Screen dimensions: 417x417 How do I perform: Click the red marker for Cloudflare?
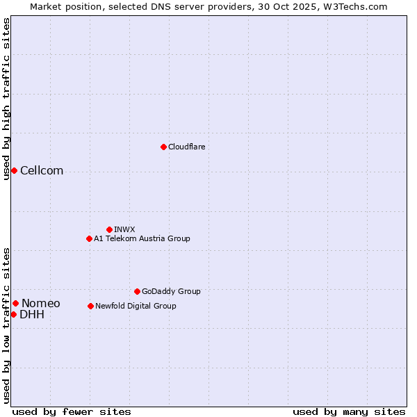(x=163, y=147)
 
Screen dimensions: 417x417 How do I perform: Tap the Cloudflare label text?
(x=186, y=147)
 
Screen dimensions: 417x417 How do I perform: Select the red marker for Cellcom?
(x=14, y=171)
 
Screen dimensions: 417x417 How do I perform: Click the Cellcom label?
(x=42, y=171)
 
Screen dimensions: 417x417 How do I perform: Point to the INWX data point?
(x=109, y=229)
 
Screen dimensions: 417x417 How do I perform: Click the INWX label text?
(x=124, y=229)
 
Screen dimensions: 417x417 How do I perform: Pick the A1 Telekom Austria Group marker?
(x=89, y=238)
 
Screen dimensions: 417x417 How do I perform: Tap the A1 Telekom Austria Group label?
(x=142, y=238)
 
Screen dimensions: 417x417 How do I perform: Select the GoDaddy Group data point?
(x=137, y=291)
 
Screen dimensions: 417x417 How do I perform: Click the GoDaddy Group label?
(x=170, y=291)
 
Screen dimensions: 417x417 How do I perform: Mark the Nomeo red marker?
(x=15, y=303)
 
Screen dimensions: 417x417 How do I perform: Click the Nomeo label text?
(x=40, y=303)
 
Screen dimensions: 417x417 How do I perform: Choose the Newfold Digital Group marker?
(x=90, y=306)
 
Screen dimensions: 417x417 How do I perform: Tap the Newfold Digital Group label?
(x=136, y=306)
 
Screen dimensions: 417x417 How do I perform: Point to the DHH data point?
(x=13, y=314)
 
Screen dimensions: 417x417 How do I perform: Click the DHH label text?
(x=32, y=314)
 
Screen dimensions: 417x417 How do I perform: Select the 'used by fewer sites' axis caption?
(x=72, y=411)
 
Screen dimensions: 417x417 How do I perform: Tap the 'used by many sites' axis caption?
(x=349, y=411)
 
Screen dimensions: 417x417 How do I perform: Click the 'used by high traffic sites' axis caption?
(x=6, y=99)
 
